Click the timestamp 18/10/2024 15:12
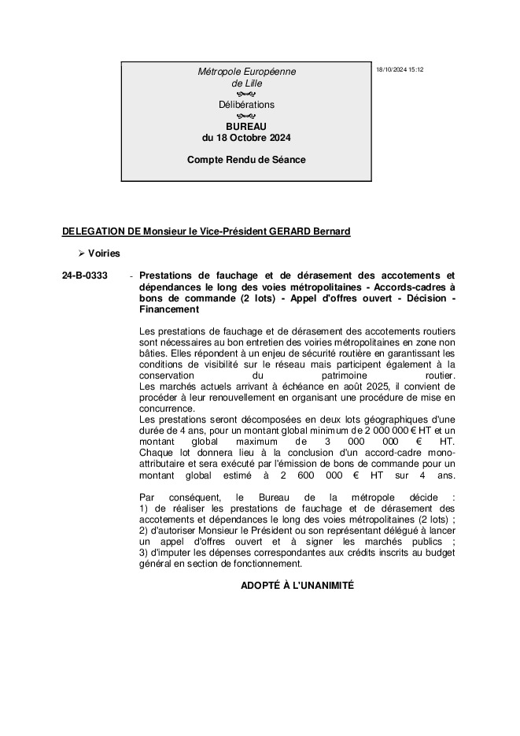click(x=400, y=70)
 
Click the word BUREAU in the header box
click(x=246, y=126)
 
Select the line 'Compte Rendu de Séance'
click(x=246, y=160)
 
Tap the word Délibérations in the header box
click(x=246, y=105)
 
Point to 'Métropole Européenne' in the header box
click(x=246, y=72)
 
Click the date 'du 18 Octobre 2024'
click(x=246, y=138)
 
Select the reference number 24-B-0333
click(x=85, y=276)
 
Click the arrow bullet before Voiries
click(x=80, y=253)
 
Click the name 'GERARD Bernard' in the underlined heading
click(x=310, y=231)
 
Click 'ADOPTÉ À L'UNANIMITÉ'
click(x=297, y=586)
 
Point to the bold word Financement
click(x=167, y=309)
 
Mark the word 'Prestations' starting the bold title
click(x=164, y=276)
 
